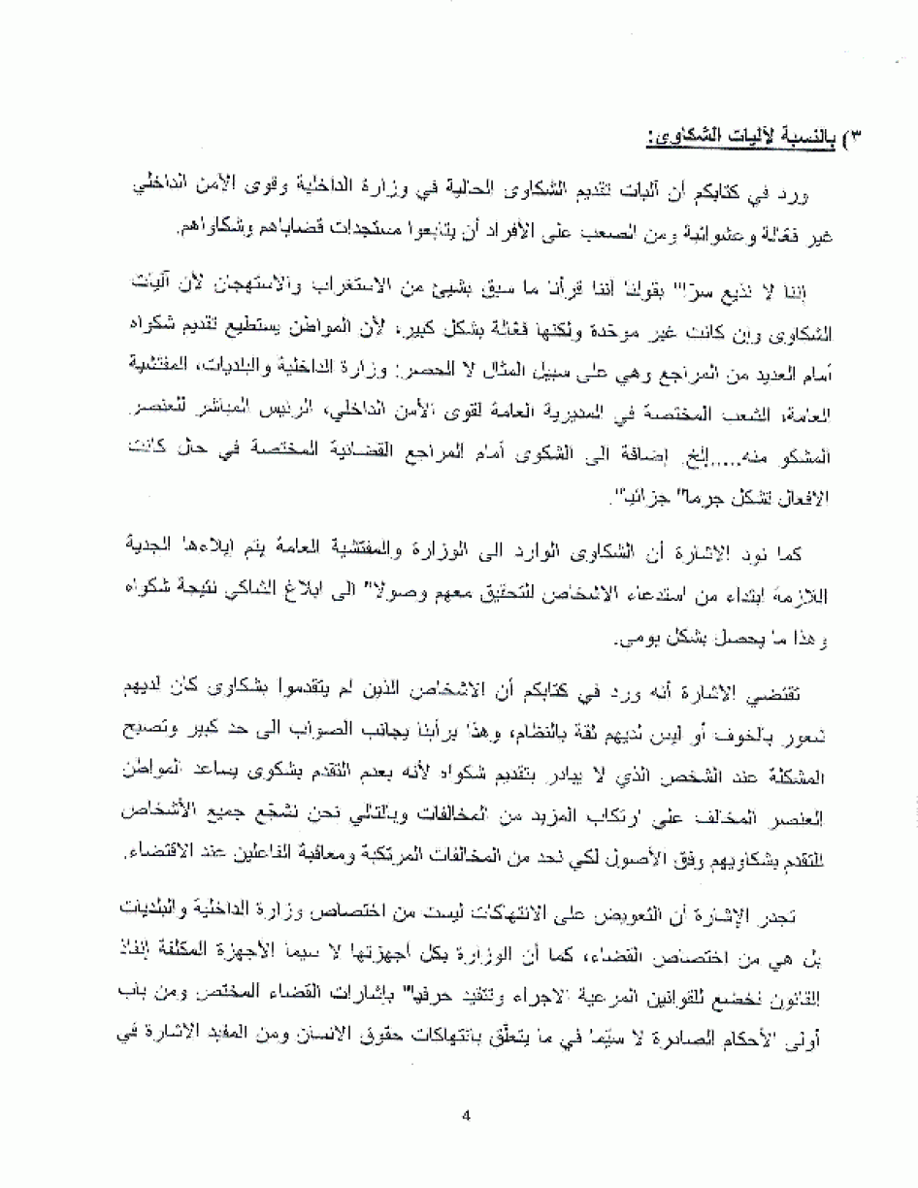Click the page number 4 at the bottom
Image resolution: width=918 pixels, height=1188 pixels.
pyautogui.click(x=467, y=1113)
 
